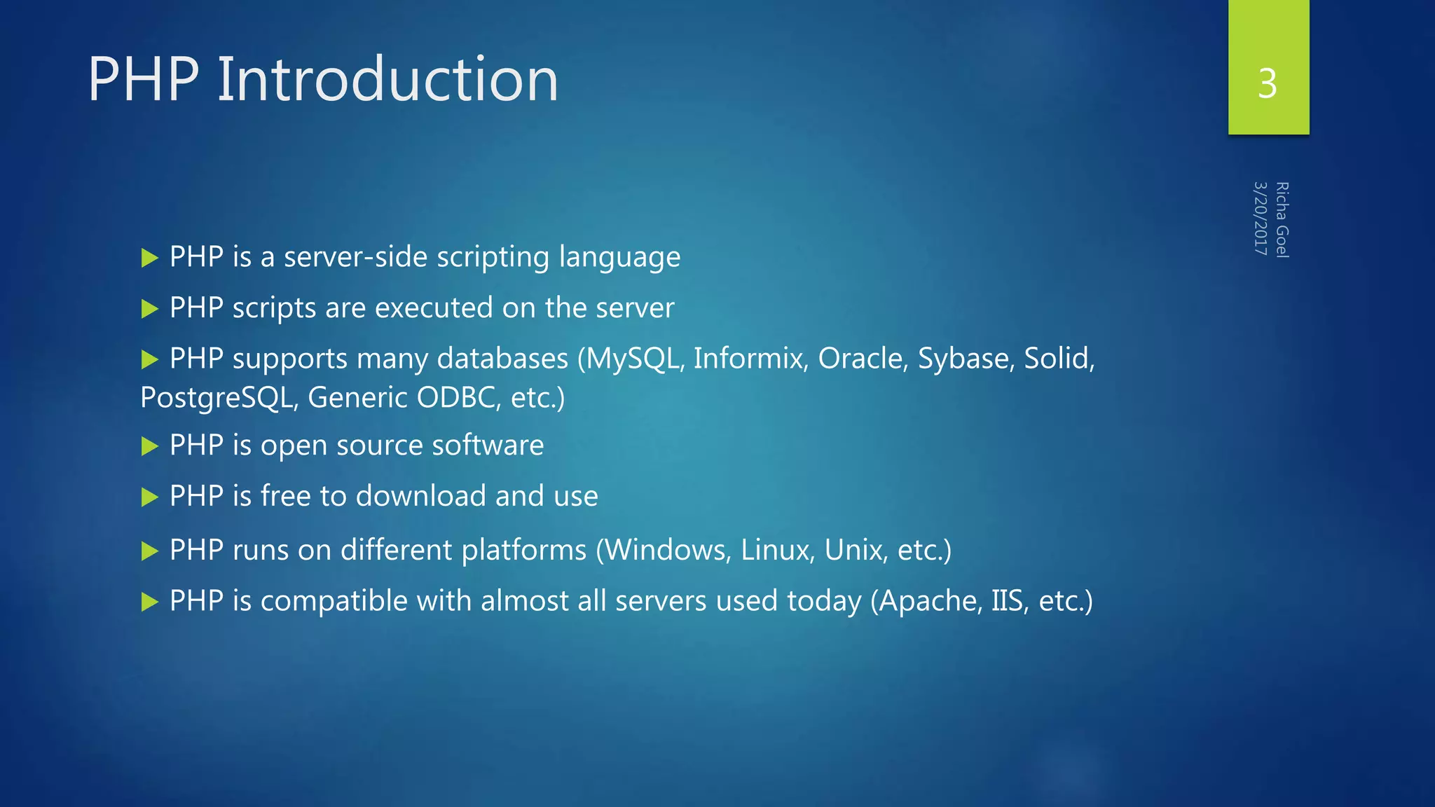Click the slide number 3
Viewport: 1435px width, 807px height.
(1267, 84)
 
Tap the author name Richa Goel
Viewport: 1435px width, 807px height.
(1282, 220)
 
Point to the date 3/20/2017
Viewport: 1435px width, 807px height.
(1261, 219)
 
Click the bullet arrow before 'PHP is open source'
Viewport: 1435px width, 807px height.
(149, 446)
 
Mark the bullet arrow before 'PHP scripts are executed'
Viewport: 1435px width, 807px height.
(149, 309)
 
